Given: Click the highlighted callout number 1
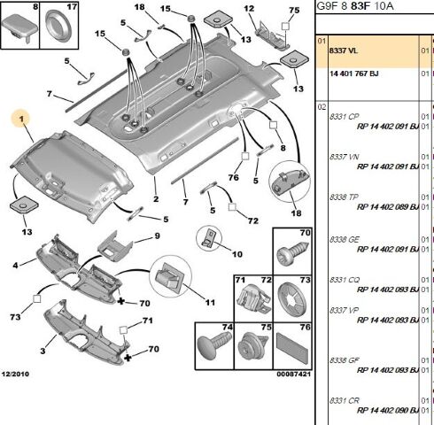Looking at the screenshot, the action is pos(21,119).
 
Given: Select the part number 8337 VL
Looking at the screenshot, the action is pos(344,50).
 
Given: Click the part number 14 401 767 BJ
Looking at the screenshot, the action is pos(353,73).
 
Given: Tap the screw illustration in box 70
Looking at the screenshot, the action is pos(292,253).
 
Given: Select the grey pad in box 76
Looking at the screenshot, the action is pos(292,347).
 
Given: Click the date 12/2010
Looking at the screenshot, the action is pos(15,374).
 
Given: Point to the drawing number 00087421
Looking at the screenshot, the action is pos(293,374).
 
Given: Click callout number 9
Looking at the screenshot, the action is pos(157,236).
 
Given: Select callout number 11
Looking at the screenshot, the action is pos(210,303).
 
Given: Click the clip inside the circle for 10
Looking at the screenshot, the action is pos(210,237).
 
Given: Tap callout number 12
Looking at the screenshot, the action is pos(249,8).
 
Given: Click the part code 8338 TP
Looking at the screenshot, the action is pos(344,197).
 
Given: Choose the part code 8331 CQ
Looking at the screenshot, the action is pos(345,280).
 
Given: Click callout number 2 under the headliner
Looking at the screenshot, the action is pos(156,199).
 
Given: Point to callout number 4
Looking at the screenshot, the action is pos(15,266).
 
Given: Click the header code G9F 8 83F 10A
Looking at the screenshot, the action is pos(355,6).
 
